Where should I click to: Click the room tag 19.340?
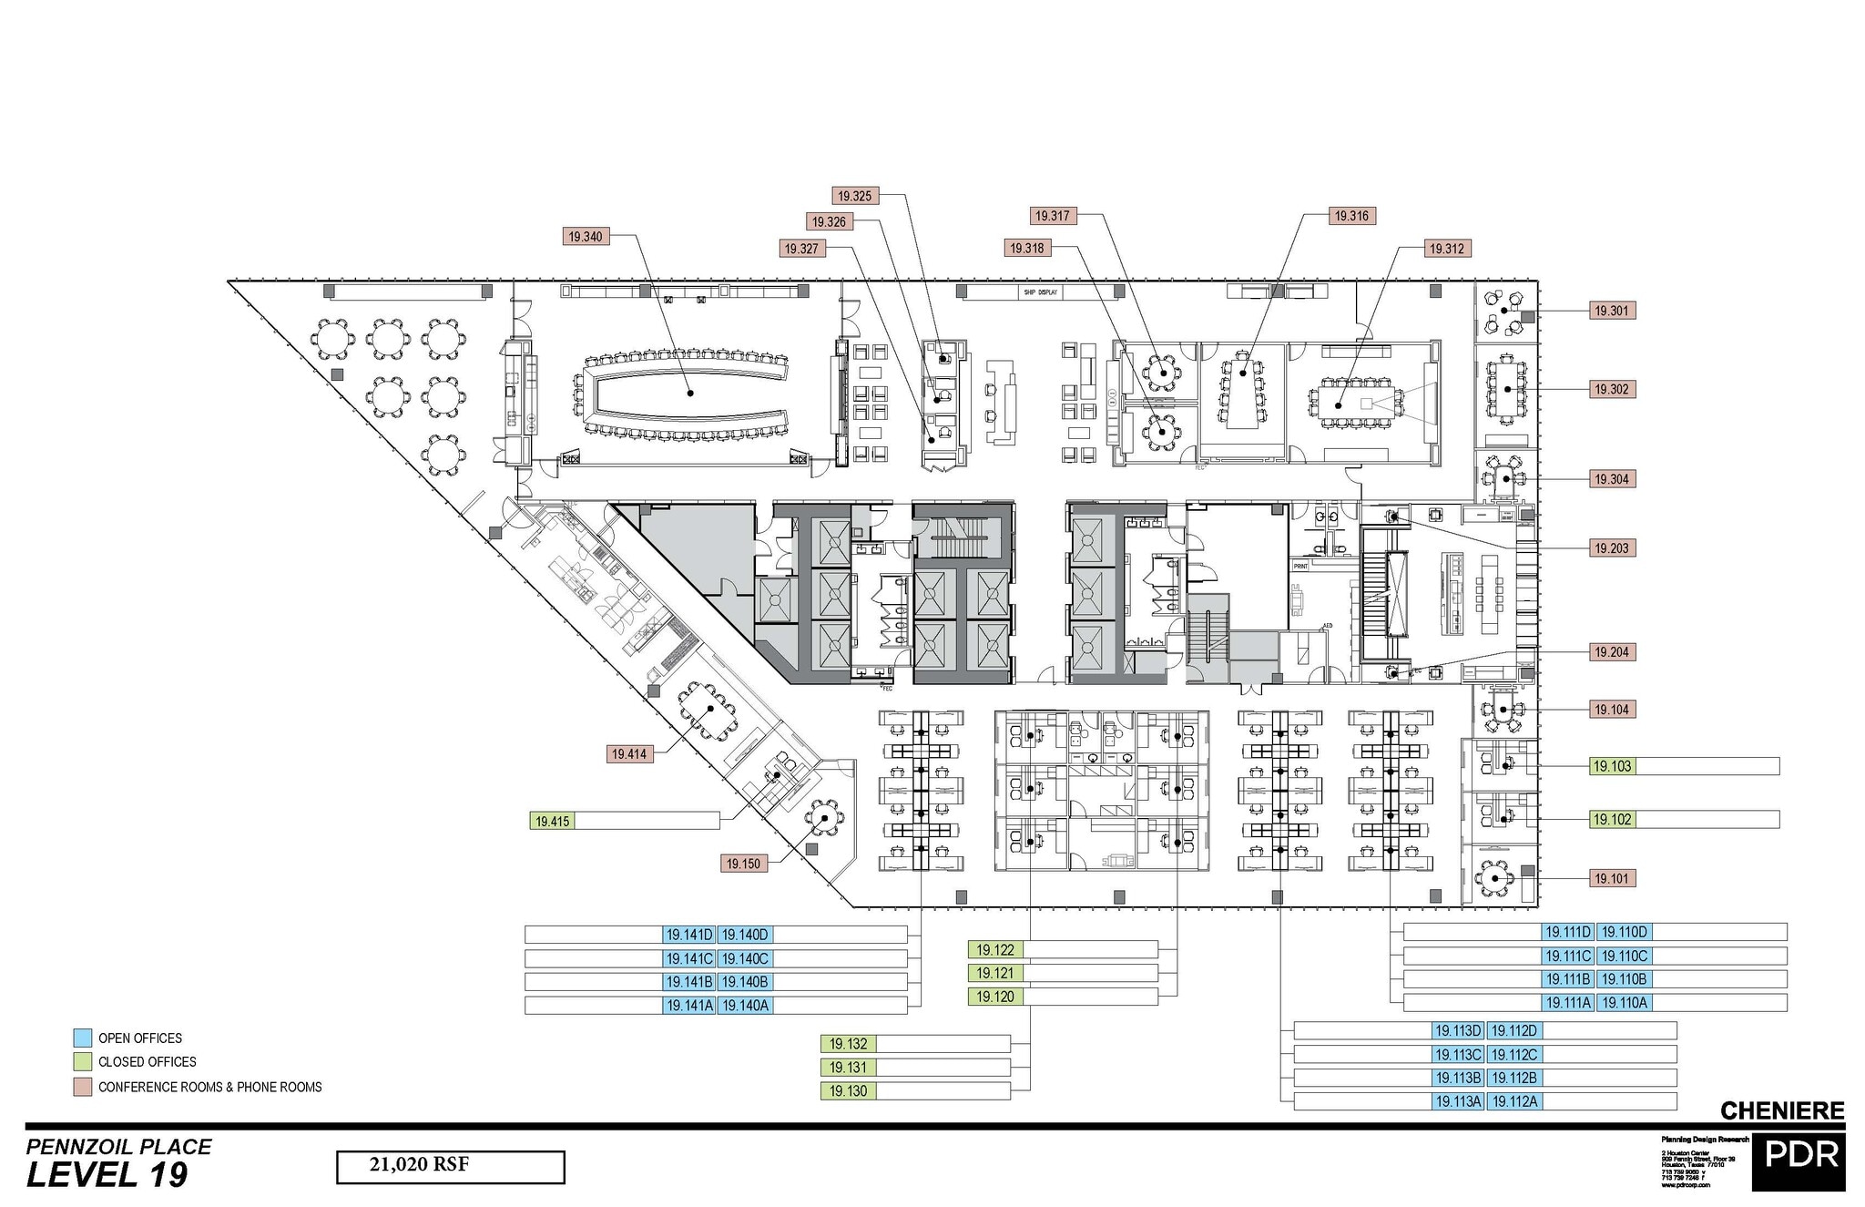coord(586,237)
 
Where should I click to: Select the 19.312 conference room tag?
coord(1446,249)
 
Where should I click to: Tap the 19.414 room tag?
coord(629,754)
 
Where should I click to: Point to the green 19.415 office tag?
coord(552,821)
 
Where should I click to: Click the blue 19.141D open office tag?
coord(689,935)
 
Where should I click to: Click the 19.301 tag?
coord(1611,311)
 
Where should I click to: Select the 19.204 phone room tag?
coord(1611,652)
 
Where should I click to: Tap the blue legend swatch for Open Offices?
coord(82,1038)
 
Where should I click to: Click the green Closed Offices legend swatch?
coord(82,1061)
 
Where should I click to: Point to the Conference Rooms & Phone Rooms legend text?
coord(209,1087)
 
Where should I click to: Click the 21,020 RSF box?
coord(450,1166)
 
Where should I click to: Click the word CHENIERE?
coord(1782,1110)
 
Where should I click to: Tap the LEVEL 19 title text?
coord(107,1176)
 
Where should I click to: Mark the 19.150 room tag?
coord(744,864)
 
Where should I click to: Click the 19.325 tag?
coord(855,196)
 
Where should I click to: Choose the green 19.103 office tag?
coord(1612,766)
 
